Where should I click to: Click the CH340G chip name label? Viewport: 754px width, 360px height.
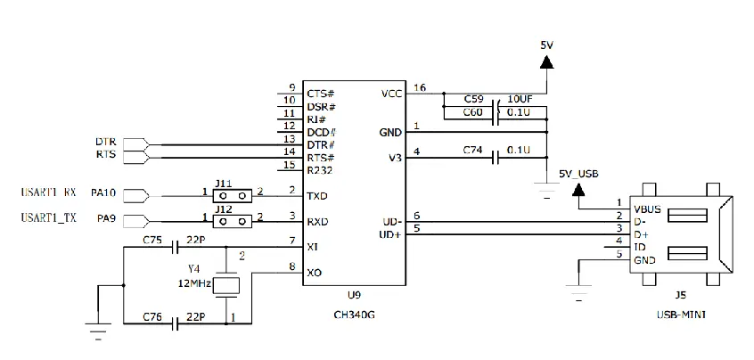click(356, 315)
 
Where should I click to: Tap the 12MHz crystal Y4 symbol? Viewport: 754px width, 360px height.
click(226, 286)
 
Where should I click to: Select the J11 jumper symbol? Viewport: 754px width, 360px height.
click(232, 195)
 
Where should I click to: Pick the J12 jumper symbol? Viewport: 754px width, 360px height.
click(232, 221)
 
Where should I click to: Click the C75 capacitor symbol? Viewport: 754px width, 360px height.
click(176, 248)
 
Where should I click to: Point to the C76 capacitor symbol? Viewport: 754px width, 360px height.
click(176, 324)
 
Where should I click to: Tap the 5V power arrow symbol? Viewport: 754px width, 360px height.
click(546, 62)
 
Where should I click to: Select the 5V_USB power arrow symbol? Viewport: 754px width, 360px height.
click(578, 191)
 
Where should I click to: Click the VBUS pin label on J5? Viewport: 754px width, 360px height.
click(647, 209)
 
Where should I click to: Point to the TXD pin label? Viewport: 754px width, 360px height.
click(318, 196)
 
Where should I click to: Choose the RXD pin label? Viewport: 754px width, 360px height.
click(318, 222)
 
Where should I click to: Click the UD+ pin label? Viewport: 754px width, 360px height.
click(391, 235)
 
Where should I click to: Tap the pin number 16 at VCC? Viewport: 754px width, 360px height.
click(419, 87)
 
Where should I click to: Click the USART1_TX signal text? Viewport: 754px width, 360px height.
click(48, 218)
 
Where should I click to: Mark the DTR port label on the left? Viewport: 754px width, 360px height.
click(105, 143)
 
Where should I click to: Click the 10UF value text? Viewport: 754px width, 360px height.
click(519, 100)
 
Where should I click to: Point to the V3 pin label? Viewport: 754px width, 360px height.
click(396, 158)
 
